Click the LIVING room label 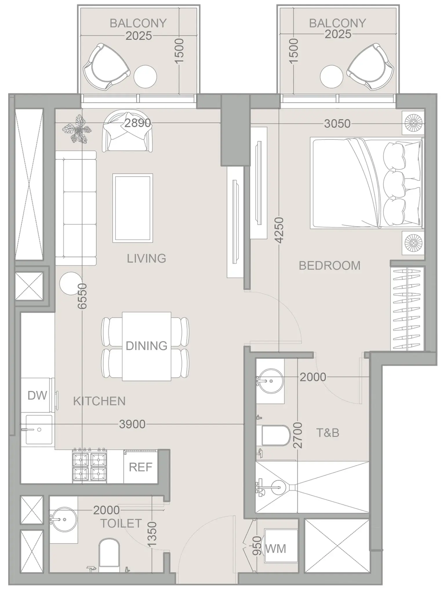click(x=146, y=258)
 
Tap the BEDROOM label click(x=330, y=266)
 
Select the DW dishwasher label click(x=37, y=395)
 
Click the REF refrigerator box click(x=141, y=467)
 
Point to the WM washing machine click(x=280, y=548)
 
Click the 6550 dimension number click(x=82, y=296)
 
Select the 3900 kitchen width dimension click(x=132, y=424)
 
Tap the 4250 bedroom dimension click(x=279, y=230)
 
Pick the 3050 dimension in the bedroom click(x=337, y=124)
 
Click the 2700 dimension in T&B click(x=298, y=435)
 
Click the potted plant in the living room click(x=77, y=129)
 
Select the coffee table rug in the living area click(x=132, y=208)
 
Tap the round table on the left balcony click(x=145, y=77)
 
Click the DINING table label click(x=146, y=346)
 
